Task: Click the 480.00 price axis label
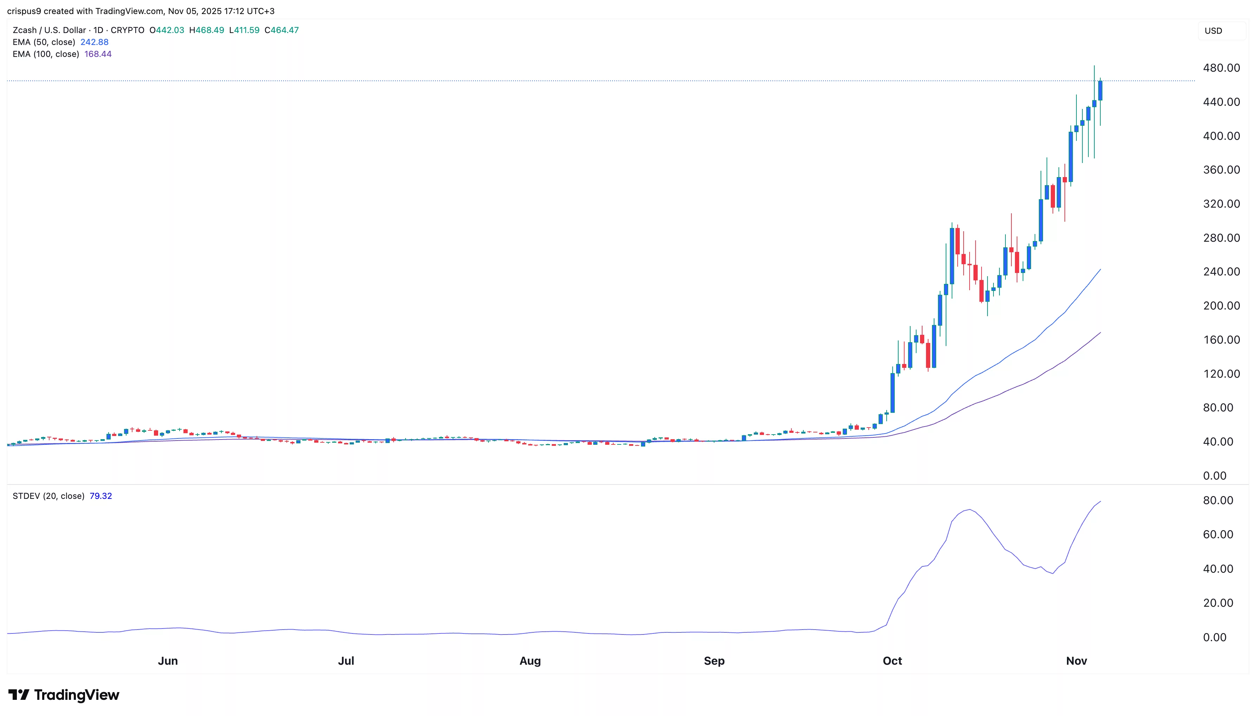tap(1221, 68)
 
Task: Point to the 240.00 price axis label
tap(1221, 272)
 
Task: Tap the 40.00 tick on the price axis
tap(1218, 442)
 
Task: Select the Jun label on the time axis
tap(168, 661)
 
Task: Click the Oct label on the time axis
tap(892, 661)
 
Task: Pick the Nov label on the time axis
tap(1076, 661)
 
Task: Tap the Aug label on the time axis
tap(530, 661)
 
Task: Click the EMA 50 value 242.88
tap(95, 42)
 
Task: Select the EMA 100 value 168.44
tap(98, 54)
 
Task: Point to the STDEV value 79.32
tap(101, 496)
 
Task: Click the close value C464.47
tap(281, 30)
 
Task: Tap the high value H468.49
tap(207, 30)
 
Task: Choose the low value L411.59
tap(244, 30)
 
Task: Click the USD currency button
tap(1213, 31)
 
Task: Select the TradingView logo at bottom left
tap(64, 695)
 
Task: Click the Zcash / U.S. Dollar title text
tap(49, 30)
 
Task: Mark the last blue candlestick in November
tap(1100, 91)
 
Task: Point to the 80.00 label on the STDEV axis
tap(1218, 501)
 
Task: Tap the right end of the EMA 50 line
tap(1100, 269)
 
